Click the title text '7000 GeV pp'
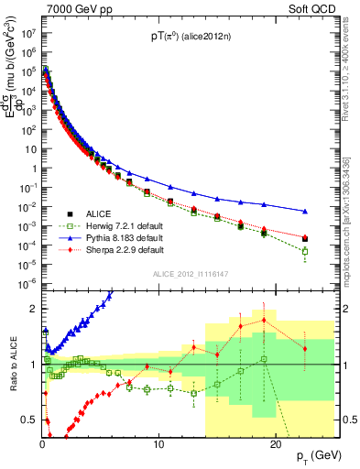click(x=73, y=8)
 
